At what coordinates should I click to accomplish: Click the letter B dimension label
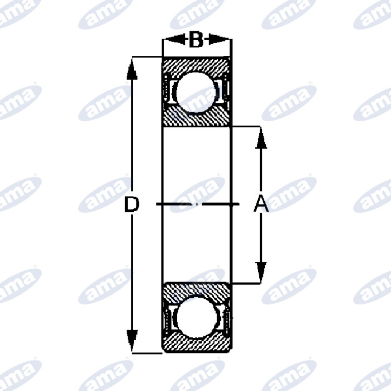(195, 40)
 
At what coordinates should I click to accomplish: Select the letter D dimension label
(131, 205)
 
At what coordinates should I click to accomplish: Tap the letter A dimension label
(261, 205)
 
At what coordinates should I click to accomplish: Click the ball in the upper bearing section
(196, 92)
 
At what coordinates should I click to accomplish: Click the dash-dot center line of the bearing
(196, 204)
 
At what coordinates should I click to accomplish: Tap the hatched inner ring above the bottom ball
(196, 290)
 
